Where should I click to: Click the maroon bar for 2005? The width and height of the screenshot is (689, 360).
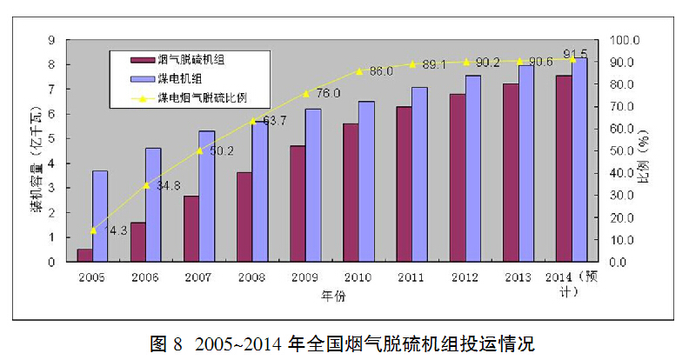(84, 255)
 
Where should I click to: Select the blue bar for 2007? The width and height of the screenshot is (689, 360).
(206, 196)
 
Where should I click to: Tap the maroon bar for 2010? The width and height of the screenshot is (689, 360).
(350, 192)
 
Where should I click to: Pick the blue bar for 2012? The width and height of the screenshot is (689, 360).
(472, 168)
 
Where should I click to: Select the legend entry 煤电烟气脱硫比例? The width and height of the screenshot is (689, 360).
(202, 97)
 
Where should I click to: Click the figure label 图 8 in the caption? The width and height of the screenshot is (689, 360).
(165, 342)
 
